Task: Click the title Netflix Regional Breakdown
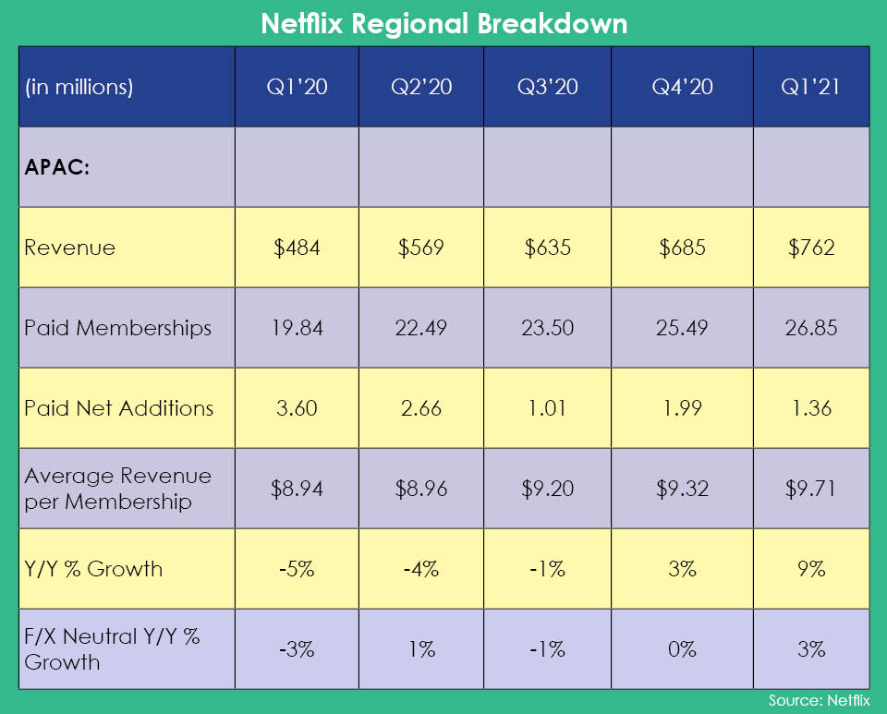coord(443,23)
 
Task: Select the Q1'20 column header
coord(297,88)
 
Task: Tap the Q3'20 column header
coord(547,88)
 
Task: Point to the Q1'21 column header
coord(811,88)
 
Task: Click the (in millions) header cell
coord(79,88)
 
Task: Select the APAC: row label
coord(57,169)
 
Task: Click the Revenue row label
coord(70,248)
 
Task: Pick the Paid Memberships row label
coord(118,328)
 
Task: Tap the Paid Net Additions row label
coord(119,408)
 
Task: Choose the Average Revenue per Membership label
coord(118,489)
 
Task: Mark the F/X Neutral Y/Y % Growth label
coord(113,648)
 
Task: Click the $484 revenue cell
coord(297,248)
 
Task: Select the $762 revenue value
coord(811,248)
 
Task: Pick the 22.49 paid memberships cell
coord(421,328)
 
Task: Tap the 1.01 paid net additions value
coord(547,408)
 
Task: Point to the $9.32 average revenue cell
coord(682,489)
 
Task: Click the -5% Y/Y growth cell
coord(297,569)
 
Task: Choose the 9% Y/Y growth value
coord(811,569)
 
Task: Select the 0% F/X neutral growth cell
coord(682,649)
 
